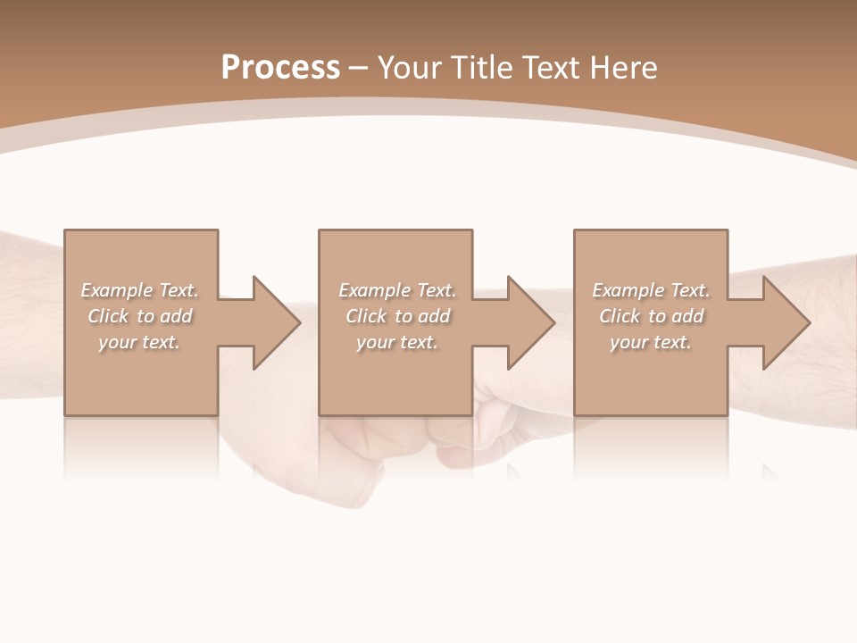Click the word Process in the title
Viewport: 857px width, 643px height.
[x=280, y=68]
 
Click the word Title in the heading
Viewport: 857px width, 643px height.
[x=482, y=68]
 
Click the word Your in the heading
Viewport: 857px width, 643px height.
[x=412, y=68]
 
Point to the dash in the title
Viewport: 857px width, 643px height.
[x=358, y=69]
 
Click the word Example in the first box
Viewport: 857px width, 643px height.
[x=117, y=290]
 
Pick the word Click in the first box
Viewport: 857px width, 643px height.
[x=108, y=316]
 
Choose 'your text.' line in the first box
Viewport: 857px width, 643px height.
[x=139, y=342]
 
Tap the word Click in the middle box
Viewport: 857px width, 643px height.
[x=366, y=316]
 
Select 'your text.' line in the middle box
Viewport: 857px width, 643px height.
[x=396, y=342]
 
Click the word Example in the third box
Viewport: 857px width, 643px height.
[x=628, y=290]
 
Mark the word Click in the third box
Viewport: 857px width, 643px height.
[x=620, y=316]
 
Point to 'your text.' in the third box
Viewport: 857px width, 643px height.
[x=650, y=342]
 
